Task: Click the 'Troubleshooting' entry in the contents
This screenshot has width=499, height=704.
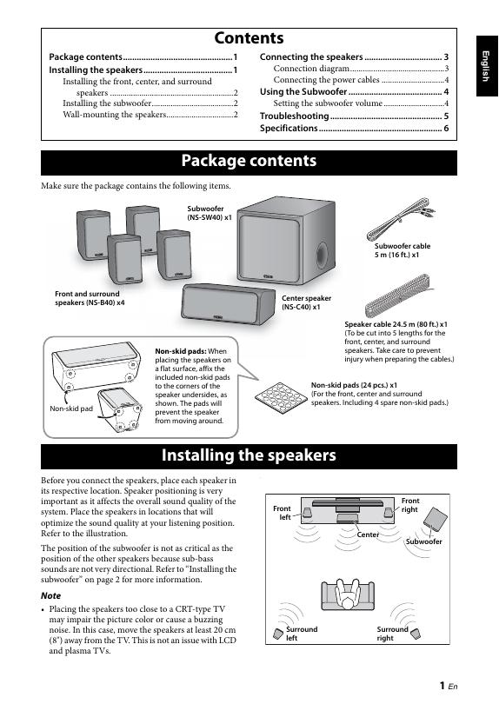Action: [354, 116]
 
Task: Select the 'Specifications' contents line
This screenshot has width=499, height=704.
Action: [354, 128]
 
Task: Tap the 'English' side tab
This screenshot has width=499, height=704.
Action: [487, 66]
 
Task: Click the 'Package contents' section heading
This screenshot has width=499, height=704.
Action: [249, 161]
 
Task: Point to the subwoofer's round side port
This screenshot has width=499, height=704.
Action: [322, 255]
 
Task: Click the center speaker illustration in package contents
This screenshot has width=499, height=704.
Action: [228, 303]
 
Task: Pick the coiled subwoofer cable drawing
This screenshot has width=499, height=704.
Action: [400, 219]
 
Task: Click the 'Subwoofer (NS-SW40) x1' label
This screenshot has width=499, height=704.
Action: [210, 213]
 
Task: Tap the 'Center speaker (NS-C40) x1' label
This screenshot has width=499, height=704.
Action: [306, 302]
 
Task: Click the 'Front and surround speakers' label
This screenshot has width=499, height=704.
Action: [90, 298]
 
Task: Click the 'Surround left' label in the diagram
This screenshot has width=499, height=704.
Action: [302, 634]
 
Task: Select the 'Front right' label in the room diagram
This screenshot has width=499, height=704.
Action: [409, 505]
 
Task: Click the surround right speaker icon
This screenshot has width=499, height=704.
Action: [416, 634]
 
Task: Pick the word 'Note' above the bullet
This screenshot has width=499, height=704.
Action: [50, 596]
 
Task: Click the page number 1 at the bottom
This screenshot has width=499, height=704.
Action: [442, 685]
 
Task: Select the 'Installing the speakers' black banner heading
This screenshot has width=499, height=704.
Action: [249, 455]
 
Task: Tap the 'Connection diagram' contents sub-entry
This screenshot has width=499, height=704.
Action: [311, 69]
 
